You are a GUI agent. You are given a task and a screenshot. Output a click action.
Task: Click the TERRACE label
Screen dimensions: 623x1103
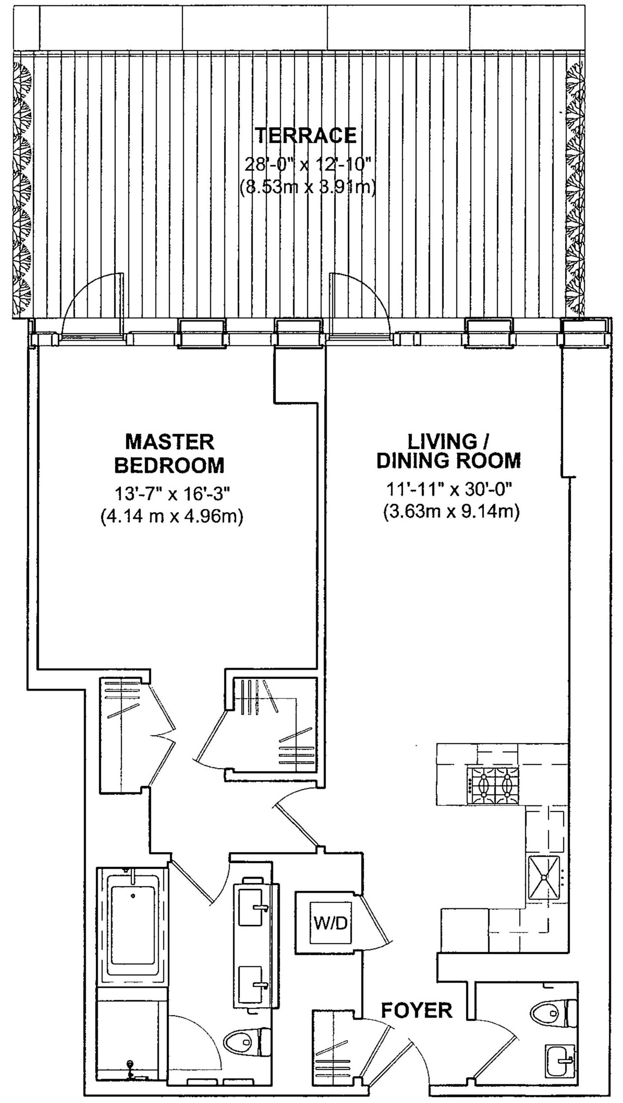[306, 135]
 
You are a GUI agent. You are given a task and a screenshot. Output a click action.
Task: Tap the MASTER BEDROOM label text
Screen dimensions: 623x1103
[169, 453]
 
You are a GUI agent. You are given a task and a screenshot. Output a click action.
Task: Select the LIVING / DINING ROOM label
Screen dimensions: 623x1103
[448, 451]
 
